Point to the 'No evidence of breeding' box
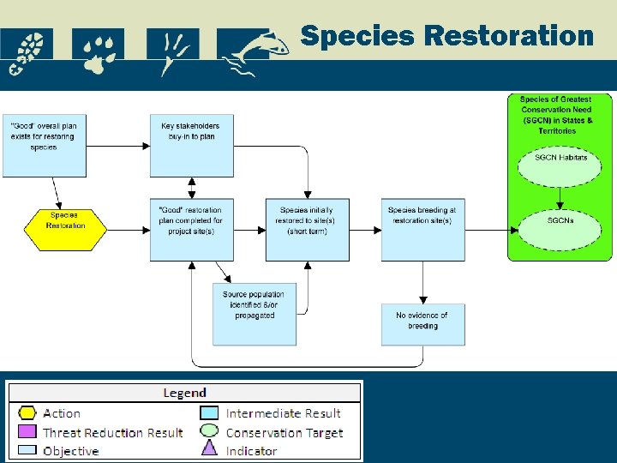(422, 324)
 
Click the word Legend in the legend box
(184, 393)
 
